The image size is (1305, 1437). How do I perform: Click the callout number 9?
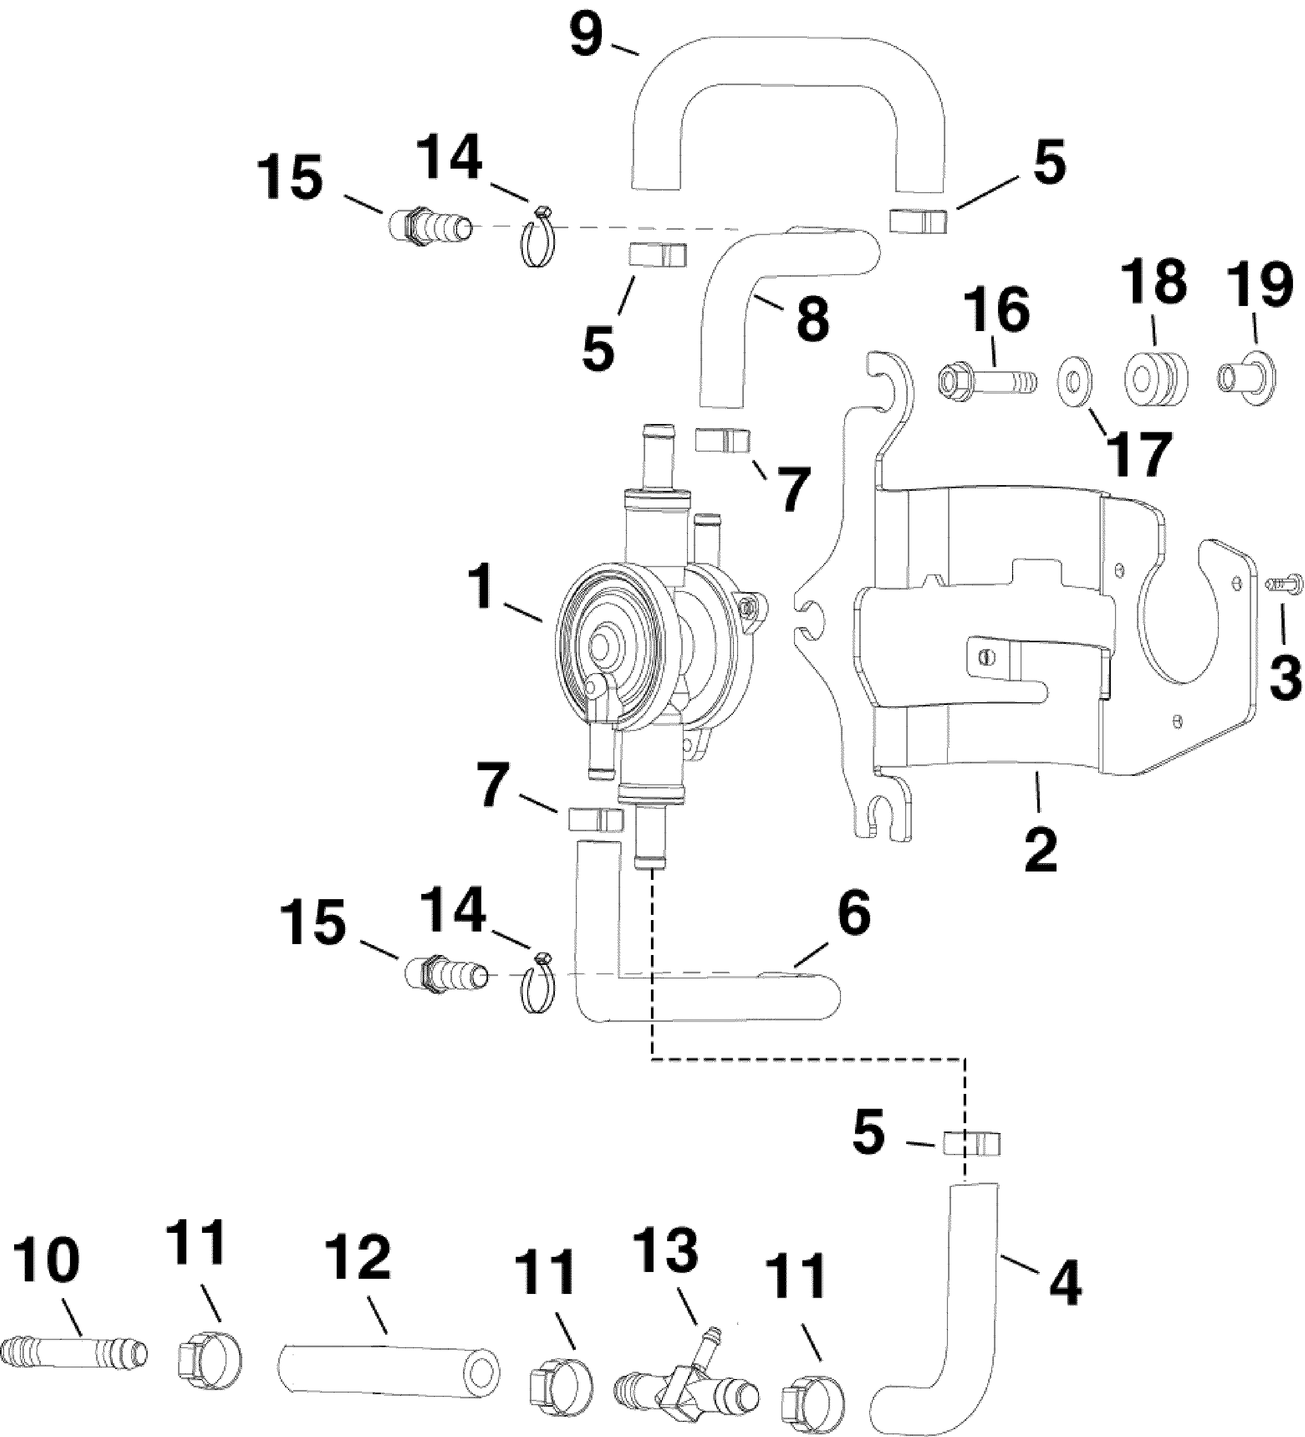[x=586, y=37]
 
